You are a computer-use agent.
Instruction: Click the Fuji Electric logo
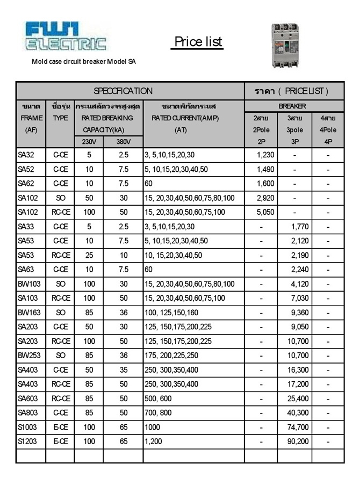click(x=66, y=37)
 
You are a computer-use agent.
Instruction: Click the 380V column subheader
click(x=124, y=142)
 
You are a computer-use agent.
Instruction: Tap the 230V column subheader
click(x=89, y=142)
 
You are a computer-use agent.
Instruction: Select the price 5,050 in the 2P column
click(x=265, y=212)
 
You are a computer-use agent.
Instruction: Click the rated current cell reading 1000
click(x=153, y=427)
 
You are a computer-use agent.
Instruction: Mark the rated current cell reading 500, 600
click(x=159, y=398)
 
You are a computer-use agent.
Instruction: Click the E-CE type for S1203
click(x=60, y=441)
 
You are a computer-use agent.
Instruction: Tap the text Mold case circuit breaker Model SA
click(x=84, y=62)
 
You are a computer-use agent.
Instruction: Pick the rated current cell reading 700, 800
click(x=159, y=413)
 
